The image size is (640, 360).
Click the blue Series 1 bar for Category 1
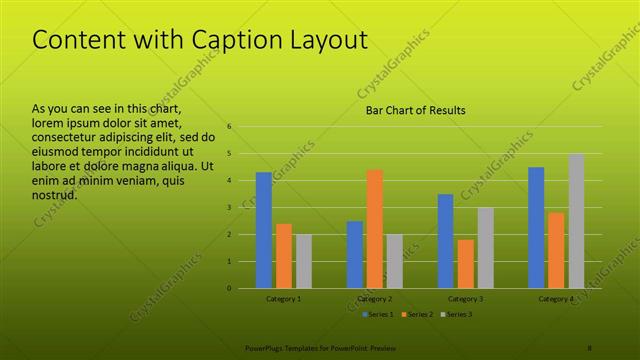coord(264,230)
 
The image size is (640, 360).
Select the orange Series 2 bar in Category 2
coord(375,229)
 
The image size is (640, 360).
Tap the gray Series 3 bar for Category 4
coord(577,221)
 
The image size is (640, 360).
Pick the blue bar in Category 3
coord(446,241)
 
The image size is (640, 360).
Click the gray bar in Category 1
coord(304,261)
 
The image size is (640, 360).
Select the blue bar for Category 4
coord(537,227)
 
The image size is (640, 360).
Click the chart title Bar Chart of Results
coord(414,110)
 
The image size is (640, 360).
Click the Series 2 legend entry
coord(416,315)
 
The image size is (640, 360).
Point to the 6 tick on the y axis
coord(230,127)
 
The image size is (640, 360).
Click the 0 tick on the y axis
coord(230,288)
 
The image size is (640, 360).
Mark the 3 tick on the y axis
coord(230,208)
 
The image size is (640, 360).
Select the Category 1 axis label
coord(284,299)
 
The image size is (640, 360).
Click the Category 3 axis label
coord(466,299)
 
